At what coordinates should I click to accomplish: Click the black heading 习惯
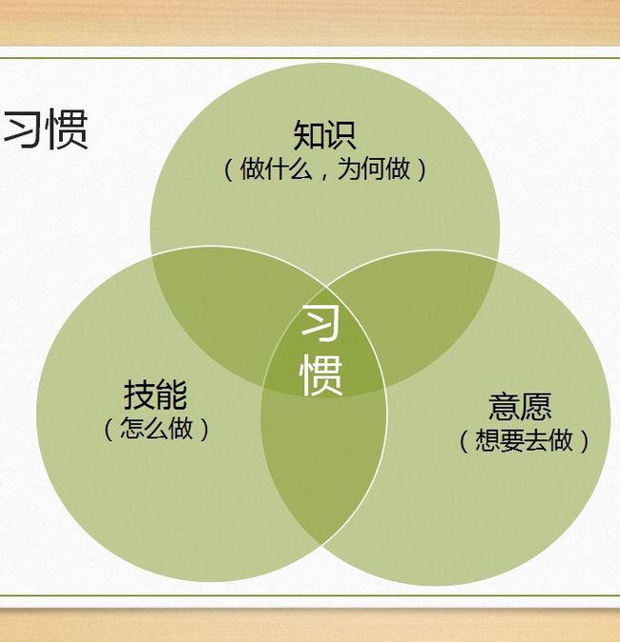[x=46, y=130]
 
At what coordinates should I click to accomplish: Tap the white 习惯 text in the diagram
[x=321, y=351]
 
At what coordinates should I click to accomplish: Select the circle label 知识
[x=324, y=135]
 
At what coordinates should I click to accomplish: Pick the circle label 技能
[x=155, y=394]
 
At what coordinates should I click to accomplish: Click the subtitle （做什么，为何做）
[x=324, y=170]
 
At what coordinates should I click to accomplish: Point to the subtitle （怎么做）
[x=156, y=429]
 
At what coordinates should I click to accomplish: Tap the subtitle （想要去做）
[x=524, y=441]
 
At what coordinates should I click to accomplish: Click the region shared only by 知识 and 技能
[x=230, y=311]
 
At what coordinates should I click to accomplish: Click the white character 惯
[x=321, y=375]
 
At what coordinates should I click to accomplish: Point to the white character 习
[x=321, y=323]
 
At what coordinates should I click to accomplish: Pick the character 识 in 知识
[x=341, y=135]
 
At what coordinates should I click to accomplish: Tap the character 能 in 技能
[x=172, y=394]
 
